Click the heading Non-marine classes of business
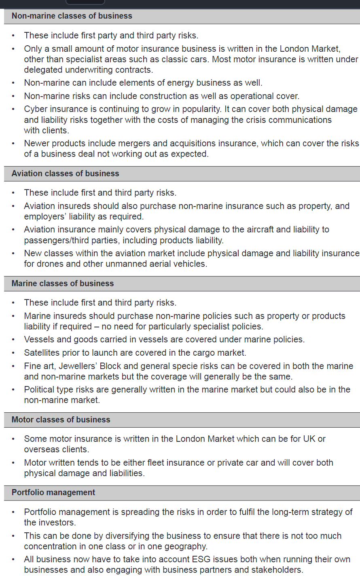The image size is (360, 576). (72, 16)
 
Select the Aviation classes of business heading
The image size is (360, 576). (65, 173)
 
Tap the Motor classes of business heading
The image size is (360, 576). (61, 420)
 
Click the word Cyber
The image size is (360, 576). (35, 109)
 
